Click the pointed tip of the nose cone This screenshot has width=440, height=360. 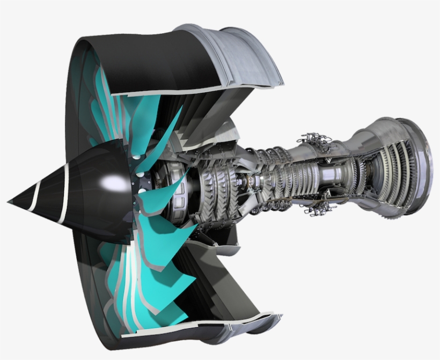(10, 202)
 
